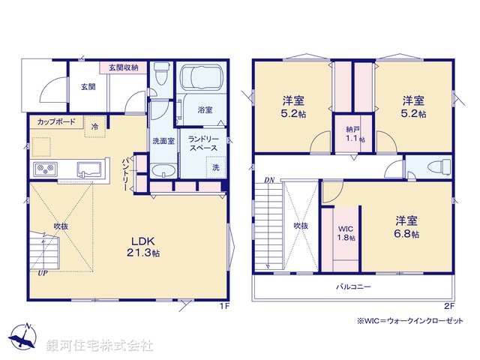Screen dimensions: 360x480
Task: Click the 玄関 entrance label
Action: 88,86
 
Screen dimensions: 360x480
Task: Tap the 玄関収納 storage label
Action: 123,67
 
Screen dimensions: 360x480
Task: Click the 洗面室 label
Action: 163,141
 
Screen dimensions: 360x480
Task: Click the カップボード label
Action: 55,121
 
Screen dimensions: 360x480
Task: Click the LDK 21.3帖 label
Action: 145,247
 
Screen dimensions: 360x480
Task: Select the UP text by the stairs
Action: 43,273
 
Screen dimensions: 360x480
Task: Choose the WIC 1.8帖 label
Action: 345,232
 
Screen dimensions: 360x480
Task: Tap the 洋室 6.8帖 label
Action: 408,226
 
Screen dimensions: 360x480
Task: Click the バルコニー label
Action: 352,286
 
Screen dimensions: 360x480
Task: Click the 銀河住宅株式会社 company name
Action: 100,346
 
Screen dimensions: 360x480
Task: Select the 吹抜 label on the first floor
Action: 61,224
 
